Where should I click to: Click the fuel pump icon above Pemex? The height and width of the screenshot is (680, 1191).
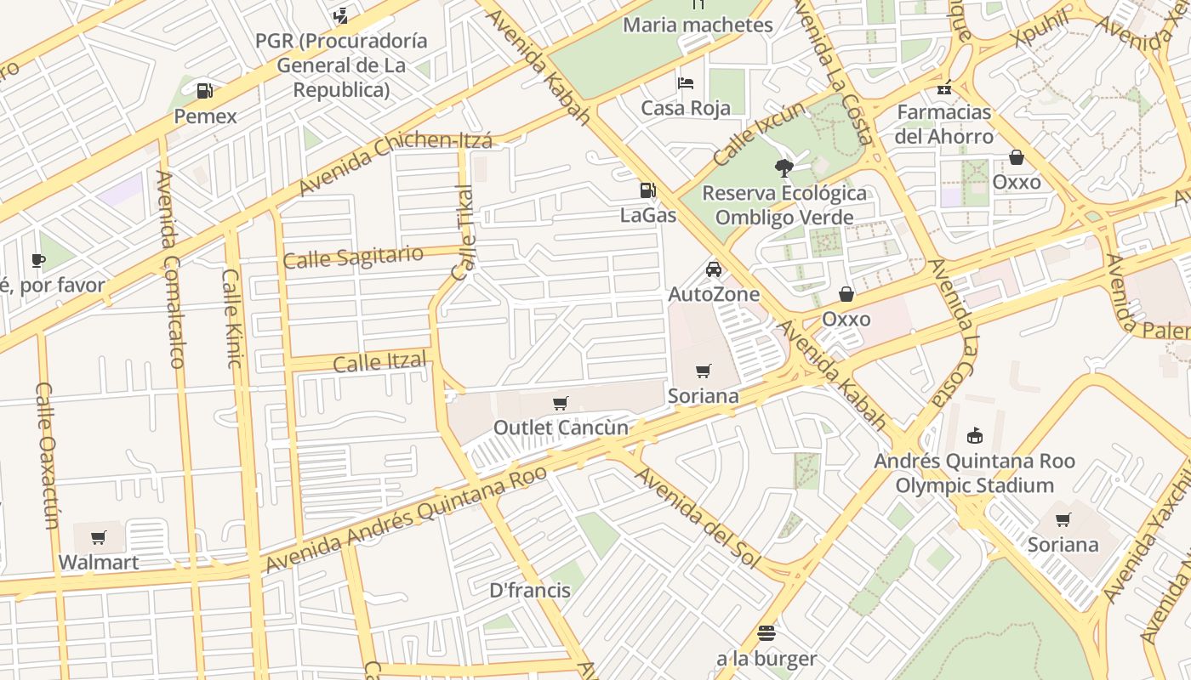click(204, 90)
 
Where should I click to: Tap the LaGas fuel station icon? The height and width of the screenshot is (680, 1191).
click(648, 190)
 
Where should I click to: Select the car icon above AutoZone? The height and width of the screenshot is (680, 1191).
click(713, 269)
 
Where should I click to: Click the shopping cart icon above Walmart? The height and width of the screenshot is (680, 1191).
click(99, 537)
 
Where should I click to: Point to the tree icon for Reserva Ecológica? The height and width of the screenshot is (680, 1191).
click(784, 167)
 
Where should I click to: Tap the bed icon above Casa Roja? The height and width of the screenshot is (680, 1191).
click(686, 83)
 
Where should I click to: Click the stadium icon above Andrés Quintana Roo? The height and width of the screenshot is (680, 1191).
click(975, 436)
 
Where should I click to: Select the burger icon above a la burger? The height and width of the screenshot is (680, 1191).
click(766, 633)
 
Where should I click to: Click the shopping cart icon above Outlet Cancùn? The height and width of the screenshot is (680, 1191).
click(560, 403)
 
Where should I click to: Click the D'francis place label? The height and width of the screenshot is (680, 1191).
click(530, 590)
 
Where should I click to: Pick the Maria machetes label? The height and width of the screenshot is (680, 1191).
click(698, 25)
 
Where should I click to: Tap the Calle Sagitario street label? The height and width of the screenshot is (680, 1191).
click(353, 258)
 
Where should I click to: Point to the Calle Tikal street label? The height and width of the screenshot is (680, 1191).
click(464, 233)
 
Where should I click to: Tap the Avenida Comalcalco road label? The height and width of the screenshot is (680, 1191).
click(170, 269)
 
